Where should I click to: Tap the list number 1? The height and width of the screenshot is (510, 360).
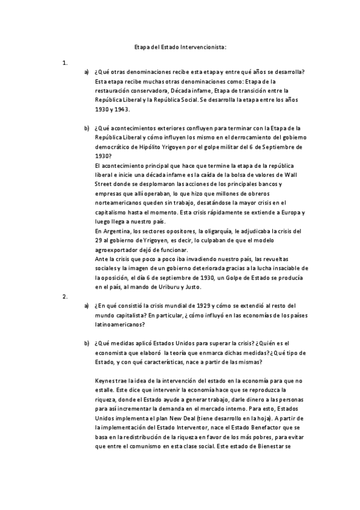(64, 62)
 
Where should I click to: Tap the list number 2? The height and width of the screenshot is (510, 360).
(64, 296)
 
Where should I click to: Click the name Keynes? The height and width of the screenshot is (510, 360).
(107, 381)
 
